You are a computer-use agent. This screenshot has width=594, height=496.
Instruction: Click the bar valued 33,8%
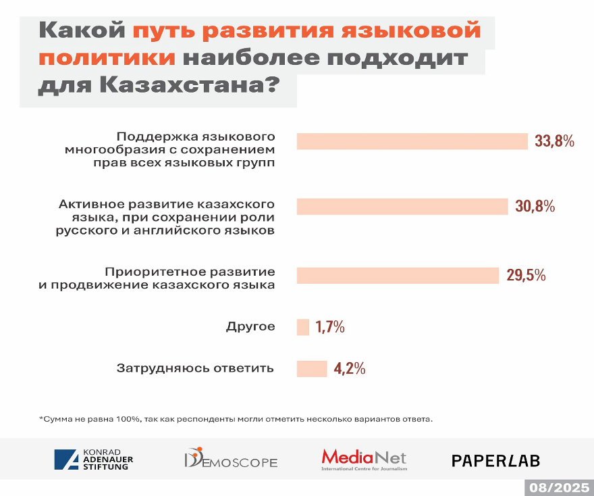pyautogui.click(x=412, y=141)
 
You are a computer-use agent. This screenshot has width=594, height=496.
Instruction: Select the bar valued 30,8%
pyautogui.click(x=402, y=207)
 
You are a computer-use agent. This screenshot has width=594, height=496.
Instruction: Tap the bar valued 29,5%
pyautogui.click(x=398, y=276)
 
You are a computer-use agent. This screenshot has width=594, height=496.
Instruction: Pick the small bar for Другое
pyautogui.click(x=302, y=327)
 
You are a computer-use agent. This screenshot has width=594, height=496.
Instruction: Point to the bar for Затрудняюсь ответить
pyautogui.click(x=311, y=368)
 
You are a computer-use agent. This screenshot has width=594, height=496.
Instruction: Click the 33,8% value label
pyautogui.click(x=554, y=141)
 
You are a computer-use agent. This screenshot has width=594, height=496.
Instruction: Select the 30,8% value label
pyautogui.click(x=535, y=207)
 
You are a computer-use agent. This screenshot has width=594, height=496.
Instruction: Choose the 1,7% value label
pyautogui.click(x=330, y=327)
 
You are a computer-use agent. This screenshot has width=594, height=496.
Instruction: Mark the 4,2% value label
pyautogui.click(x=350, y=368)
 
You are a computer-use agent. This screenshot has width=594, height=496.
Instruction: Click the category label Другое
pyautogui.click(x=250, y=327)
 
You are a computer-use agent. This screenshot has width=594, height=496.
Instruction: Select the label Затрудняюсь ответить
pyautogui.click(x=195, y=368)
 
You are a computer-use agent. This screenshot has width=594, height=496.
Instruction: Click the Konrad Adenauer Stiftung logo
pyautogui.click(x=94, y=460)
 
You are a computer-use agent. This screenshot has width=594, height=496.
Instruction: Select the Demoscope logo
pyautogui.click(x=231, y=460)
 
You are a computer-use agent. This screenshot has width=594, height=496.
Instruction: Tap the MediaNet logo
pyautogui.click(x=364, y=460)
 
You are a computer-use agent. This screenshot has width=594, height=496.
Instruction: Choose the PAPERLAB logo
pyautogui.click(x=495, y=460)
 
